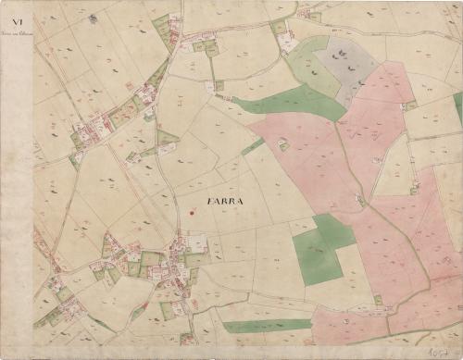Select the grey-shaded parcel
point(346,65)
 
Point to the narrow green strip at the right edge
point(457,107)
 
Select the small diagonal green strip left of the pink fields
point(252,146)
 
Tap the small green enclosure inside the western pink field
point(283,145)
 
